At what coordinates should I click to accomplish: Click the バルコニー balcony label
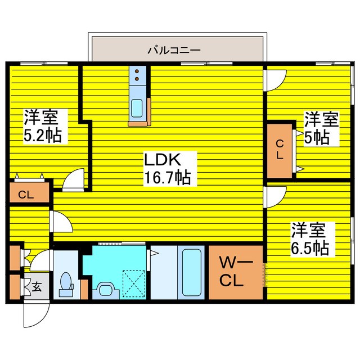pos(174,49)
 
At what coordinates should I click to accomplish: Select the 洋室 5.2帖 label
pos(42,127)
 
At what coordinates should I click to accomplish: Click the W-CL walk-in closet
pos(236,272)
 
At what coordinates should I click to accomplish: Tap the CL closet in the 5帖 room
pos(280,150)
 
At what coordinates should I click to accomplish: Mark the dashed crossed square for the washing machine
pos(134,282)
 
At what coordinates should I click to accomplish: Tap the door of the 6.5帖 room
pos(276,195)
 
